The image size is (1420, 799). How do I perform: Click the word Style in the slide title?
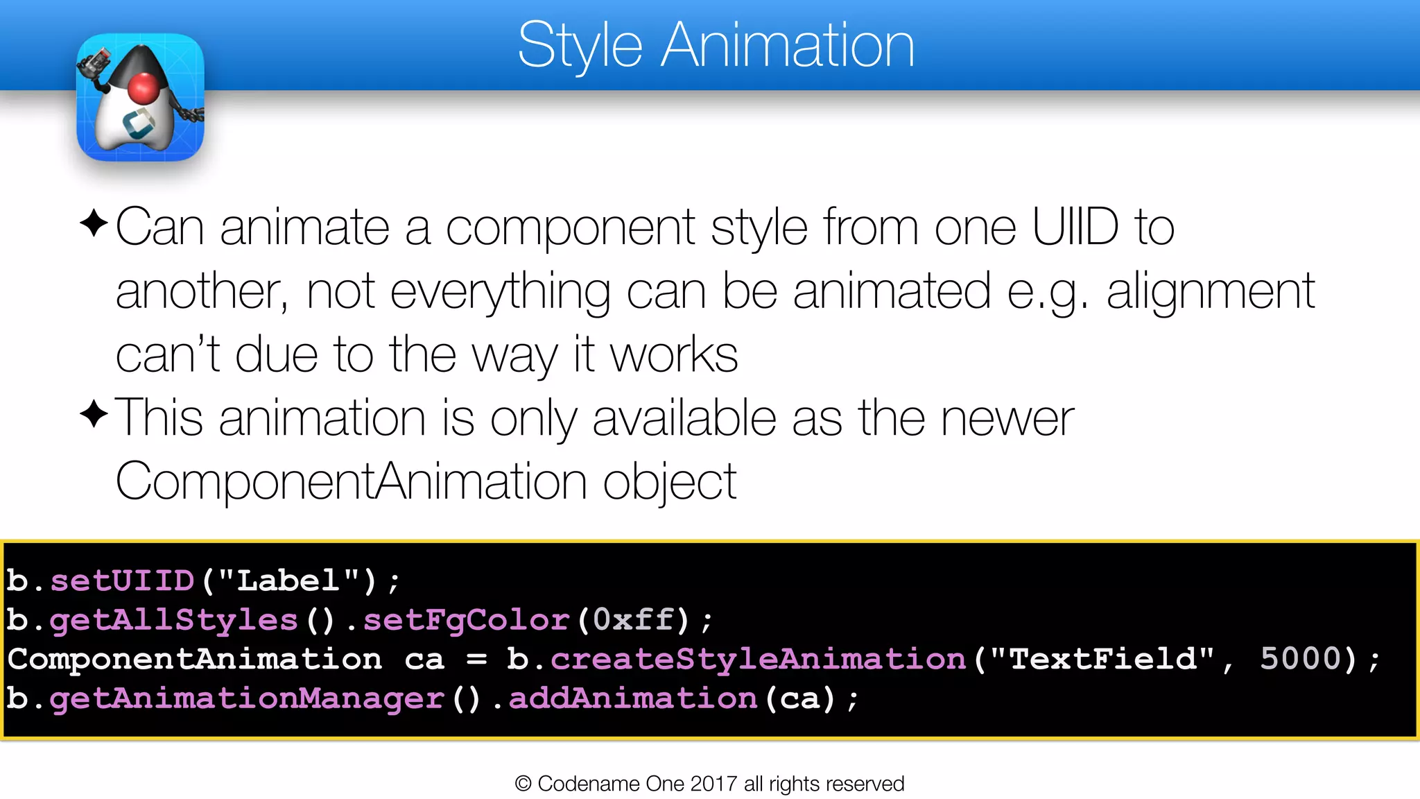(580, 46)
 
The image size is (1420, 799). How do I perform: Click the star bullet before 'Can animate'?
(94, 223)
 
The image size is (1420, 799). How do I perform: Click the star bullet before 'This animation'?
(94, 414)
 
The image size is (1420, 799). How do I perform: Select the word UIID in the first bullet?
(1075, 227)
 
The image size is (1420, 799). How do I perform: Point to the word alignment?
(1210, 291)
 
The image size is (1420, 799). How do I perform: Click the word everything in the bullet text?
(500, 291)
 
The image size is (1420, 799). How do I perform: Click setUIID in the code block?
(122, 581)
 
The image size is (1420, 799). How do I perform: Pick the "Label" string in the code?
(289, 580)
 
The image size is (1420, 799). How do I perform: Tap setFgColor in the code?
(466, 619)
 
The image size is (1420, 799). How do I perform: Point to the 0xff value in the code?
(633, 619)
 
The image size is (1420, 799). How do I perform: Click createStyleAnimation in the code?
(758, 659)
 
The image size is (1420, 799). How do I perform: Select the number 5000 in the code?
(1301, 659)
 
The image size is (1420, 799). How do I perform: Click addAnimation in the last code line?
(633, 698)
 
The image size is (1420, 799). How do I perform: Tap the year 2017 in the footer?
(713, 784)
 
